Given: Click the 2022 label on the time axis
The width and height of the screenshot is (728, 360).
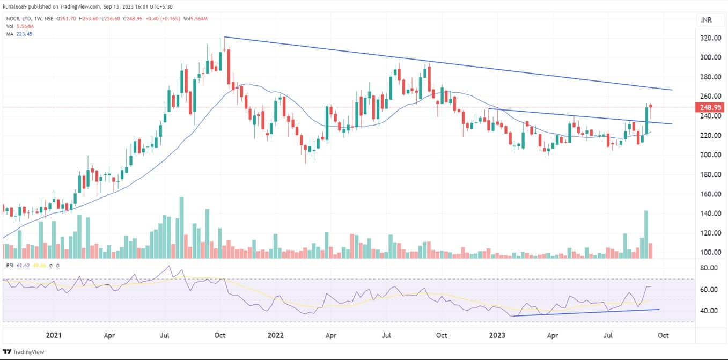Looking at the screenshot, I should pyautogui.click(x=276, y=335).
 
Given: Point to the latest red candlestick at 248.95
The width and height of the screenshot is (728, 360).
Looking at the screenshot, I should pyautogui.click(x=651, y=106).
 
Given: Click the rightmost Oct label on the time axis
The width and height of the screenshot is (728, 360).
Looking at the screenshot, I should pyautogui.click(x=663, y=335).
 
